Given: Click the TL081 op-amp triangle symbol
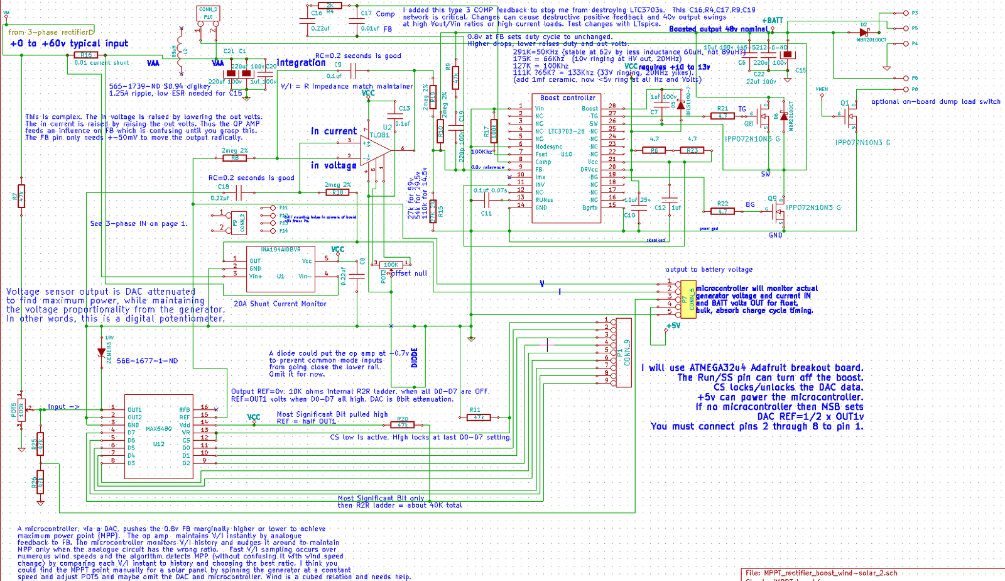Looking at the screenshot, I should (375, 150).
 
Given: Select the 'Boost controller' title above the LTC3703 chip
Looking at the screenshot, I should (567, 98).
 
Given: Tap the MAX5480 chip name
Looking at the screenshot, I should (158, 429).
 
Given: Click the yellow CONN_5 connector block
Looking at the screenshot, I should (688, 299).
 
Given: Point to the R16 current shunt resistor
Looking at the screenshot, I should (86, 55).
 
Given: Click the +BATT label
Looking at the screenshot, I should (773, 21).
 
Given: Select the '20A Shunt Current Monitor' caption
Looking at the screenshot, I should (280, 304).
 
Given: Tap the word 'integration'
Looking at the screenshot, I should (301, 62).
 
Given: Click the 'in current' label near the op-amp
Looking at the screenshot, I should (334, 131).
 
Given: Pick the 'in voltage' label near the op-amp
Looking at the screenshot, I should (334, 165).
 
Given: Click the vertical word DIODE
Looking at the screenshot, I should (414, 357).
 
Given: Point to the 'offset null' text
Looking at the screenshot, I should (409, 274).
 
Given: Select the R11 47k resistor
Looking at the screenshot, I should (479, 417).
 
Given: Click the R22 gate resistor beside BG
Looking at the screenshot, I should (722, 211).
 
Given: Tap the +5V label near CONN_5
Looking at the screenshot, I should (673, 326).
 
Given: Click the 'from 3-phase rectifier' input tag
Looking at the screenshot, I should (50, 32).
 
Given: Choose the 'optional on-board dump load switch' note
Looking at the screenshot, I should (935, 101).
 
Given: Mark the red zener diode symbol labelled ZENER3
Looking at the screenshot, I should (101, 353).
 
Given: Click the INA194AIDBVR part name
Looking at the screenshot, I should (280, 250).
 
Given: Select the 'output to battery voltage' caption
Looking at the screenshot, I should (709, 269).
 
